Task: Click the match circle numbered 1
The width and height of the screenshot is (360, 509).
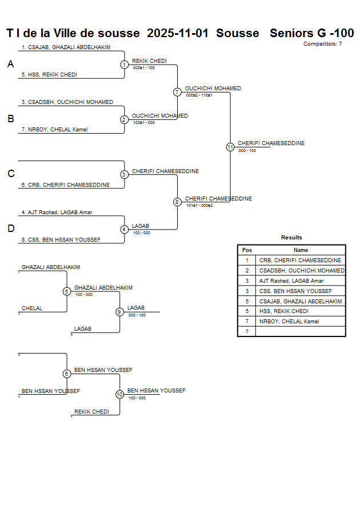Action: (x=124, y=65)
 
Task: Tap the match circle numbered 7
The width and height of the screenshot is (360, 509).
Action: (x=177, y=92)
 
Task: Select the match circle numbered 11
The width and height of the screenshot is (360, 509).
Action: (x=230, y=147)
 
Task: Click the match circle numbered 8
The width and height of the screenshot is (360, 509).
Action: (x=177, y=202)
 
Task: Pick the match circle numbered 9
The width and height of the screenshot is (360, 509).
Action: (x=119, y=312)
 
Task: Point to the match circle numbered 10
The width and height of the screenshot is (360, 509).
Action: (x=119, y=394)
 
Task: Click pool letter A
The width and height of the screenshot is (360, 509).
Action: (x=10, y=65)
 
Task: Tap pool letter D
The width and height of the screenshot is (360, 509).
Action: (x=10, y=229)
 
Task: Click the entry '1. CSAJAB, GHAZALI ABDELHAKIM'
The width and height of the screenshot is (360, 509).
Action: (x=66, y=47)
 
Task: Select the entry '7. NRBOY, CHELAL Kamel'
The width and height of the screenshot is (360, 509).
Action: (x=54, y=130)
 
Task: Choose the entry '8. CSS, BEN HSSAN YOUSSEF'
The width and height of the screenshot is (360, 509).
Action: (x=61, y=239)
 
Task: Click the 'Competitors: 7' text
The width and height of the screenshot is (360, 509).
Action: (x=323, y=44)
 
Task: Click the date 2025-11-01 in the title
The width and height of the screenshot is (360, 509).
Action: (x=178, y=33)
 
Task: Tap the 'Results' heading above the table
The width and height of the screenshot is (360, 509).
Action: (x=291, y=238)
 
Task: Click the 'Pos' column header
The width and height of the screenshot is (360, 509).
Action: (x=247, y=250)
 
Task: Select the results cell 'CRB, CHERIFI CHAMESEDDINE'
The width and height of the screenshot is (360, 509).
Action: (x=300, y=260)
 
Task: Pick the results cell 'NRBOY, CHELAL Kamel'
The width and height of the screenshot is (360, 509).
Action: (x=289, y=322)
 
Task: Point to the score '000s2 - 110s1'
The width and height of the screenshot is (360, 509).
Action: (x=199, y=95)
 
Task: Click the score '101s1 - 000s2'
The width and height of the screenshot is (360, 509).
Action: (x=199, y=205)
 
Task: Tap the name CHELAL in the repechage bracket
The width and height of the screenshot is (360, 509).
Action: (x=32, y=308)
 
